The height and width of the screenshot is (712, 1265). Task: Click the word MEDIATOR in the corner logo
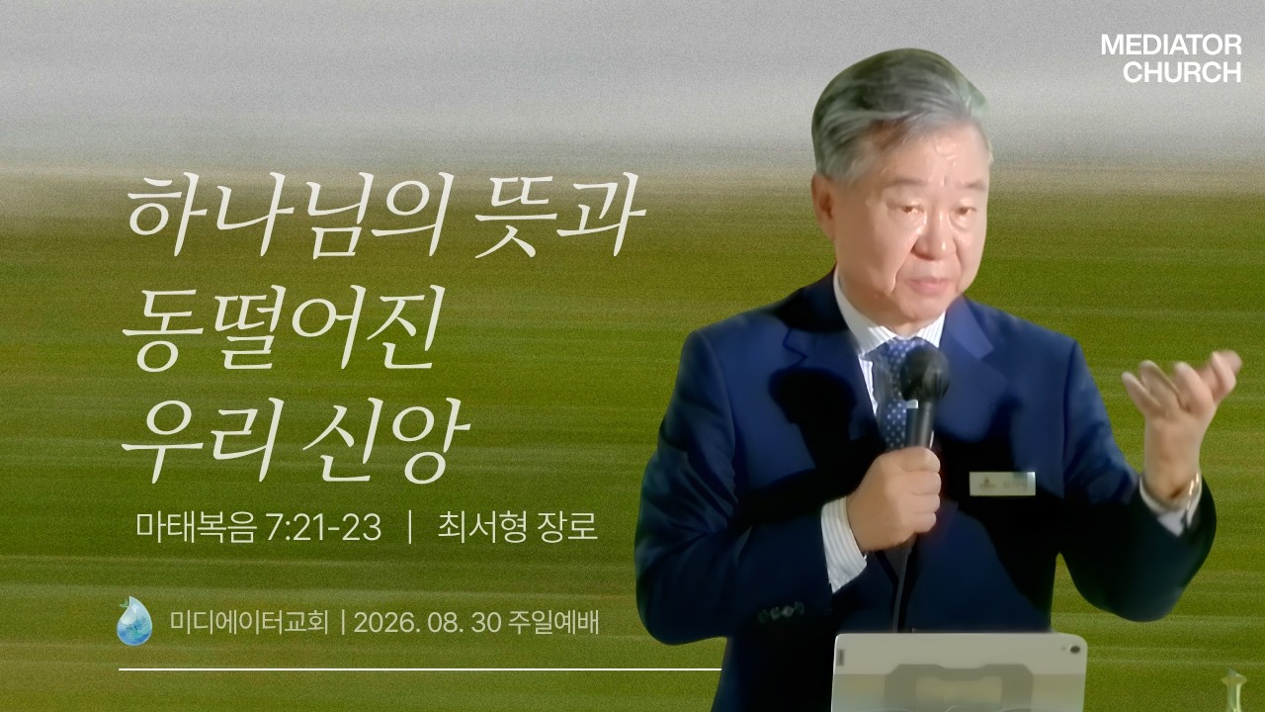tap(1171, 45)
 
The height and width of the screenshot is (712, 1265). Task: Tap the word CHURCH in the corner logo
tap(1181, 72)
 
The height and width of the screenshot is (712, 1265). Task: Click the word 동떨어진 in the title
tap(281, 327)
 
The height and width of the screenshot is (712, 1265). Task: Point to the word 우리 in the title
tap(196, 438)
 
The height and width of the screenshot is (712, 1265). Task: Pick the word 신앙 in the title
tap(385, 438)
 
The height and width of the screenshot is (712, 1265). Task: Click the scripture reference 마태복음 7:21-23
tap(259, 528)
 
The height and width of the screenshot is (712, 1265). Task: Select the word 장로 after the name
tap(568, 528)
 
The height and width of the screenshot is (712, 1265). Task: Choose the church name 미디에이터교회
tap(249, 623)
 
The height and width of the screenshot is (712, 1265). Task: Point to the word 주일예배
tap(553, 623)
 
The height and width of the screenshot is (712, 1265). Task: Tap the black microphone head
tap(924, 374)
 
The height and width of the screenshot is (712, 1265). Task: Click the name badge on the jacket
tap(1002, 484)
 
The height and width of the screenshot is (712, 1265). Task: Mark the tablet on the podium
tap(960, 672)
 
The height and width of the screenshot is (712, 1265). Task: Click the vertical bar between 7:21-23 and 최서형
tap(410, 528)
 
